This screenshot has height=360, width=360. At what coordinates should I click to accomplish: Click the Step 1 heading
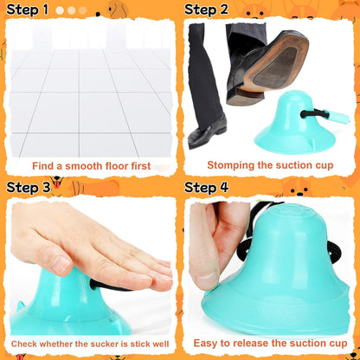(28, 10)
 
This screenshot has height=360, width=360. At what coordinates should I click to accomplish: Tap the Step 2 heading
(207, 10)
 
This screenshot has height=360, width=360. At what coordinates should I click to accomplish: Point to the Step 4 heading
(207, 187)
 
